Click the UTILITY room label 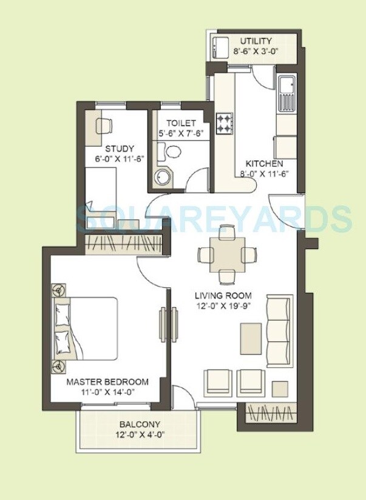pyautogui.click(x=256, y=41)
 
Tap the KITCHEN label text pyautogui.click(x=264, y=164)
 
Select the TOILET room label pyautogui.click(x=181, y=123)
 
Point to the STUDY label pyautogui.click(x=120, y=148)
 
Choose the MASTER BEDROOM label pyautogui.click(x=107, y=382)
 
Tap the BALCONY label pyautogui.click(x=140, y=424)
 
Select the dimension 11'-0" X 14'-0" pyautogui.click(x=107, y=392)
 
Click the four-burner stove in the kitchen pyautogui.click(x=225, y=123)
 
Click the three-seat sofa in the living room pyautogui.click(x=279, y=327)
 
